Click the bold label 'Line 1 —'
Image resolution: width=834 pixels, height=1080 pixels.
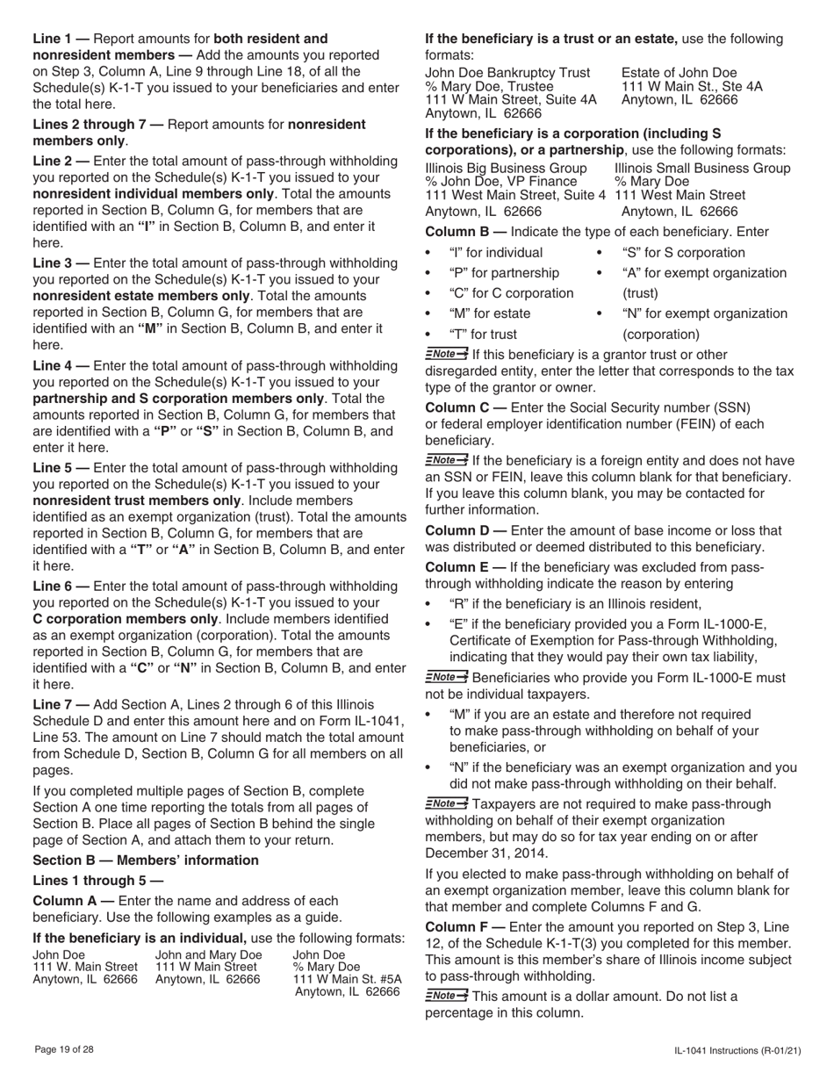(x=61, y=39)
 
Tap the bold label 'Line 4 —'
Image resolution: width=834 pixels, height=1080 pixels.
(x=61, y=365)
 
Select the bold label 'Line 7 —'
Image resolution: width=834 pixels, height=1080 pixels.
(x=61, y=705)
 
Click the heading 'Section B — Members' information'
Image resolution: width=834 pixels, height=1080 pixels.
(x=146, y=860)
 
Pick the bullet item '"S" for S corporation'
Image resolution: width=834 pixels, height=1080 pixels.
(x=683, y=253)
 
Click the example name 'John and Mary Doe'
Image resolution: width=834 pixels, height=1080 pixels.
(x=208, y=954)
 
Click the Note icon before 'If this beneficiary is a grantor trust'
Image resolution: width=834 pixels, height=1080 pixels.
(x=446, y=354)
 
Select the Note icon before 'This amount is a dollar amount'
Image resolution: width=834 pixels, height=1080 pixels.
(x=446, y=995)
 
